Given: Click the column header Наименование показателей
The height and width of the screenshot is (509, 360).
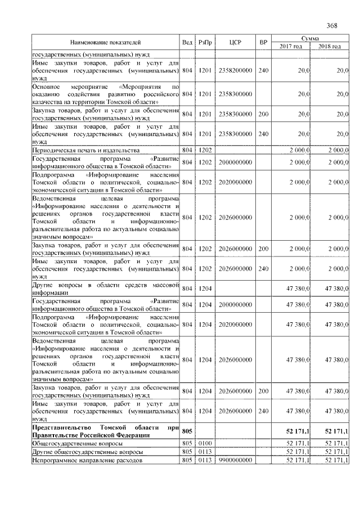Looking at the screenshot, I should coord(105,42).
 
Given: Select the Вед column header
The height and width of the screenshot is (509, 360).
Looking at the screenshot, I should coord(187,42).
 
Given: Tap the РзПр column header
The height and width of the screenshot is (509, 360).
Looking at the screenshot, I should coord(205,42).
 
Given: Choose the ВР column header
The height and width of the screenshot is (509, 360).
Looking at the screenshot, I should coord(263,42).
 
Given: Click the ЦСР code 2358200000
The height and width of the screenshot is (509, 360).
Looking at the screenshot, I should coord(235,71).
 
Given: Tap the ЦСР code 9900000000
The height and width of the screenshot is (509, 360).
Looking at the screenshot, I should coord(235,461).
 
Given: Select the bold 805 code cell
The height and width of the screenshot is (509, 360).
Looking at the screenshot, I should coord(187,431).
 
